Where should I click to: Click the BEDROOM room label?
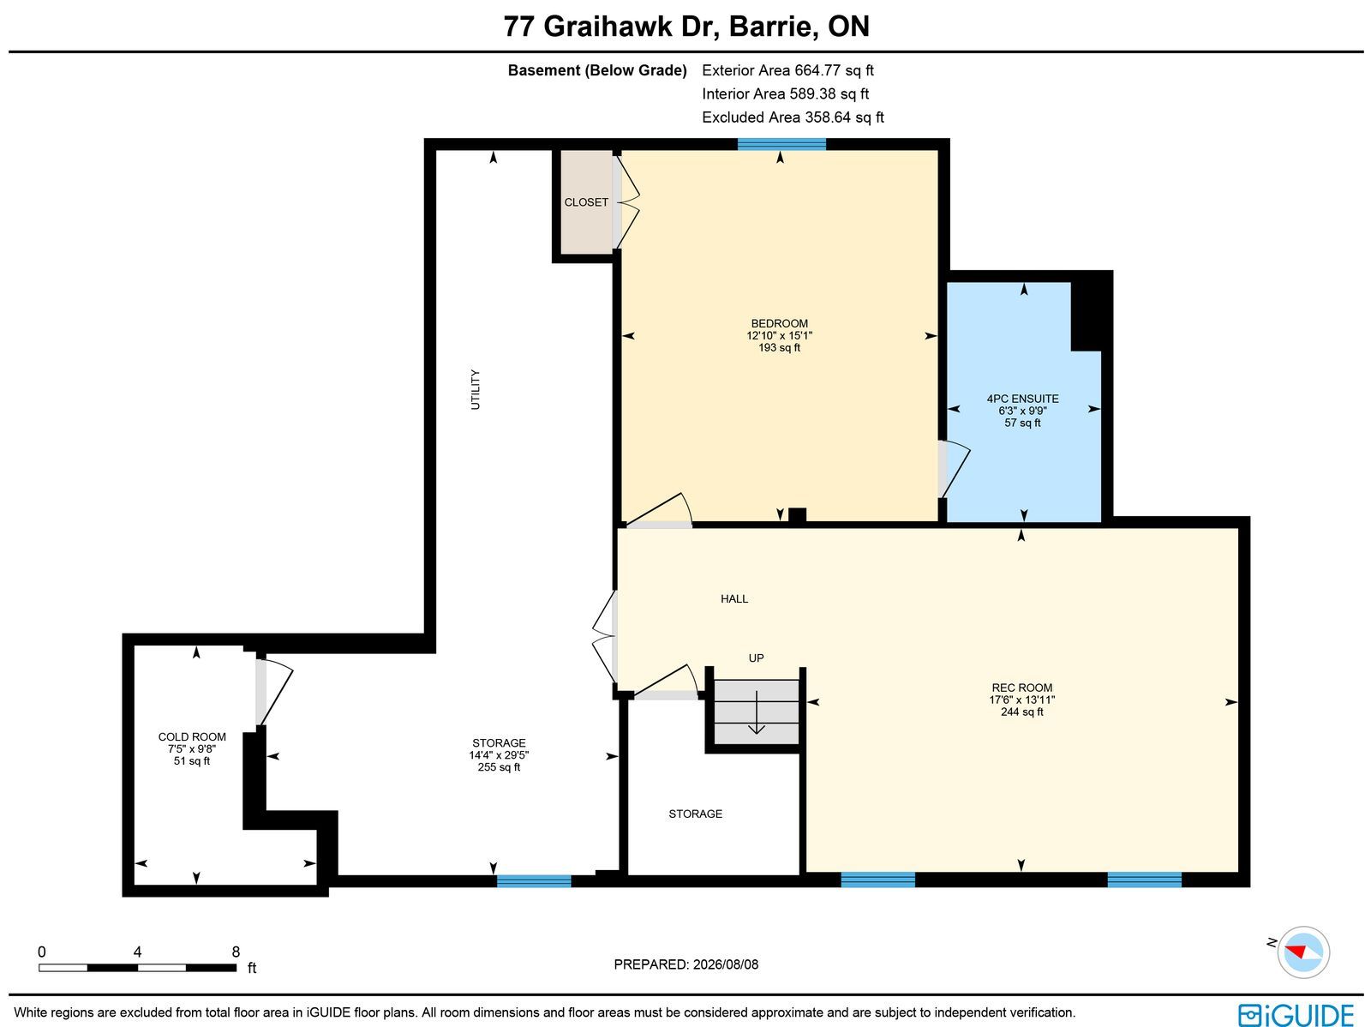pos(779,323)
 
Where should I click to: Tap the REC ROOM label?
pos(1022,688)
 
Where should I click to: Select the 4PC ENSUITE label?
pos(1022,399)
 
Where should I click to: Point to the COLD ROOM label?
pos(192,737)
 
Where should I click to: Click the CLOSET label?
pos(586,202)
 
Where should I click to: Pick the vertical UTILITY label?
pos(476,390)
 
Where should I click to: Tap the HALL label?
pos(733,599)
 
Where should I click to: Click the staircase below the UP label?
pos(757,712)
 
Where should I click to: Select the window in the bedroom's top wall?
pos(781,144)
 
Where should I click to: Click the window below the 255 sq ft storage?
pos(534,881)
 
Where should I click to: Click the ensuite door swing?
pos(955,469)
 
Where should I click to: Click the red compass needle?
pos(1296,952)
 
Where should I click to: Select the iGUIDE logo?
pos(1296,1014)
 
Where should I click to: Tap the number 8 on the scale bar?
pos(236,952)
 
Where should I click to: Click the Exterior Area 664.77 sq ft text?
pos(787,70)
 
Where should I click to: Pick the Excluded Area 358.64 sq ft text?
pos(793,117)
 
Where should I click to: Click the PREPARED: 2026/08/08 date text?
pos(685,964)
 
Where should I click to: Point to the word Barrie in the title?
pos(773,27)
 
